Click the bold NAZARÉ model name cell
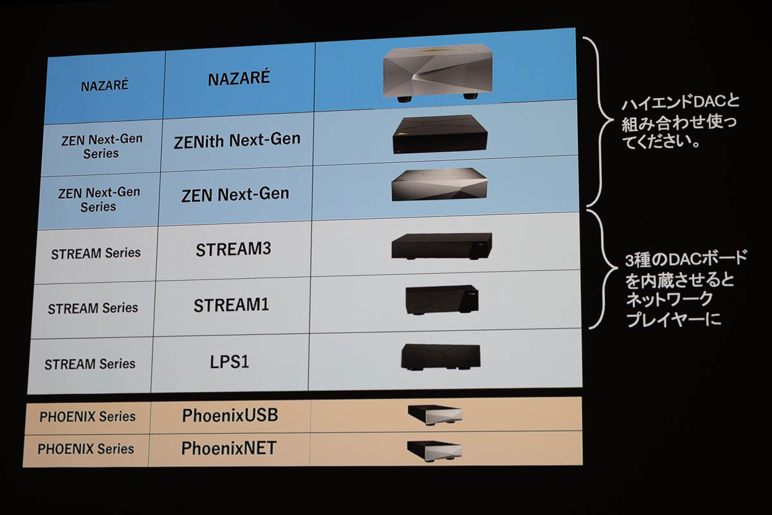pyautogui.click(x=239, y=79)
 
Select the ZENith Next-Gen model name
pyautogui.click(x=237, y=140)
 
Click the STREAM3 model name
pyautogui.click(x=233, y=250)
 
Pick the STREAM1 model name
pyautogui.click(x=231, y=304)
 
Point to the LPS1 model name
pyautogui.click(x=230, y=361)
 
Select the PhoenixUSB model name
pyautogui.click(x=230, y=416)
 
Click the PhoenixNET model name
pyautogui.click(x=228, y=448)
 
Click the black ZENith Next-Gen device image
pyautogui.click(x=440, y=134)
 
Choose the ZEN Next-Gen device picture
pyautogui.click(x=439, y=185)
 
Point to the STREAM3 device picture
pyautogui.click(x=441, y=246)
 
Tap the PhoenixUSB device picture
pyautogui.click(x=435, y=416)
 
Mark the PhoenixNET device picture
pyautogui.click(x=435, y=449)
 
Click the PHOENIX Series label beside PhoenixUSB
pyautogui.click(x=87, y=417)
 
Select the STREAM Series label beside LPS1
pyautogui.click(x=90, y=364)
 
